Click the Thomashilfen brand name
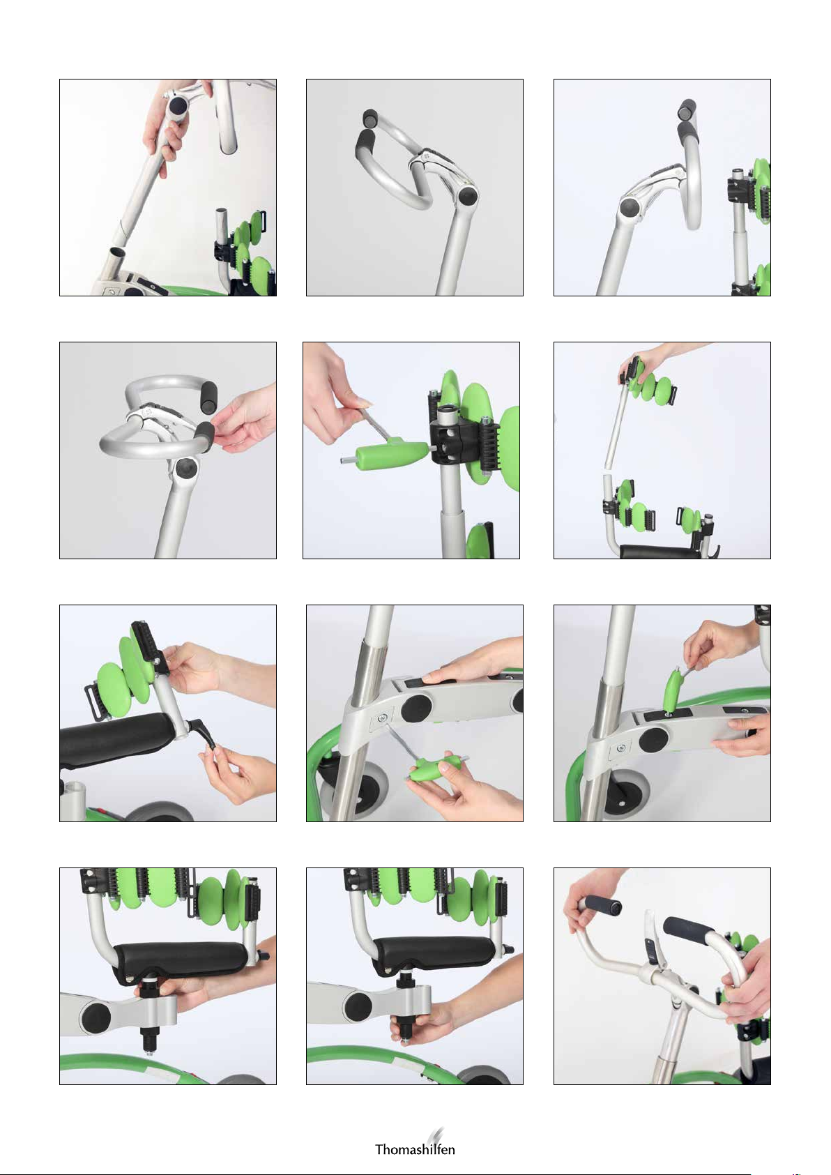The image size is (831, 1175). click(x=415, y=1149)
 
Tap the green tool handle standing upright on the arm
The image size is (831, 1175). click(x=672, y=690)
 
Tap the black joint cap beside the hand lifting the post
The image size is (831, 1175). click(x=178, y=107)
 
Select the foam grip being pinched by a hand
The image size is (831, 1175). click(x=205, y=435)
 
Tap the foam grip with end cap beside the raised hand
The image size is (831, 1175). click(x=601, y=906)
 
